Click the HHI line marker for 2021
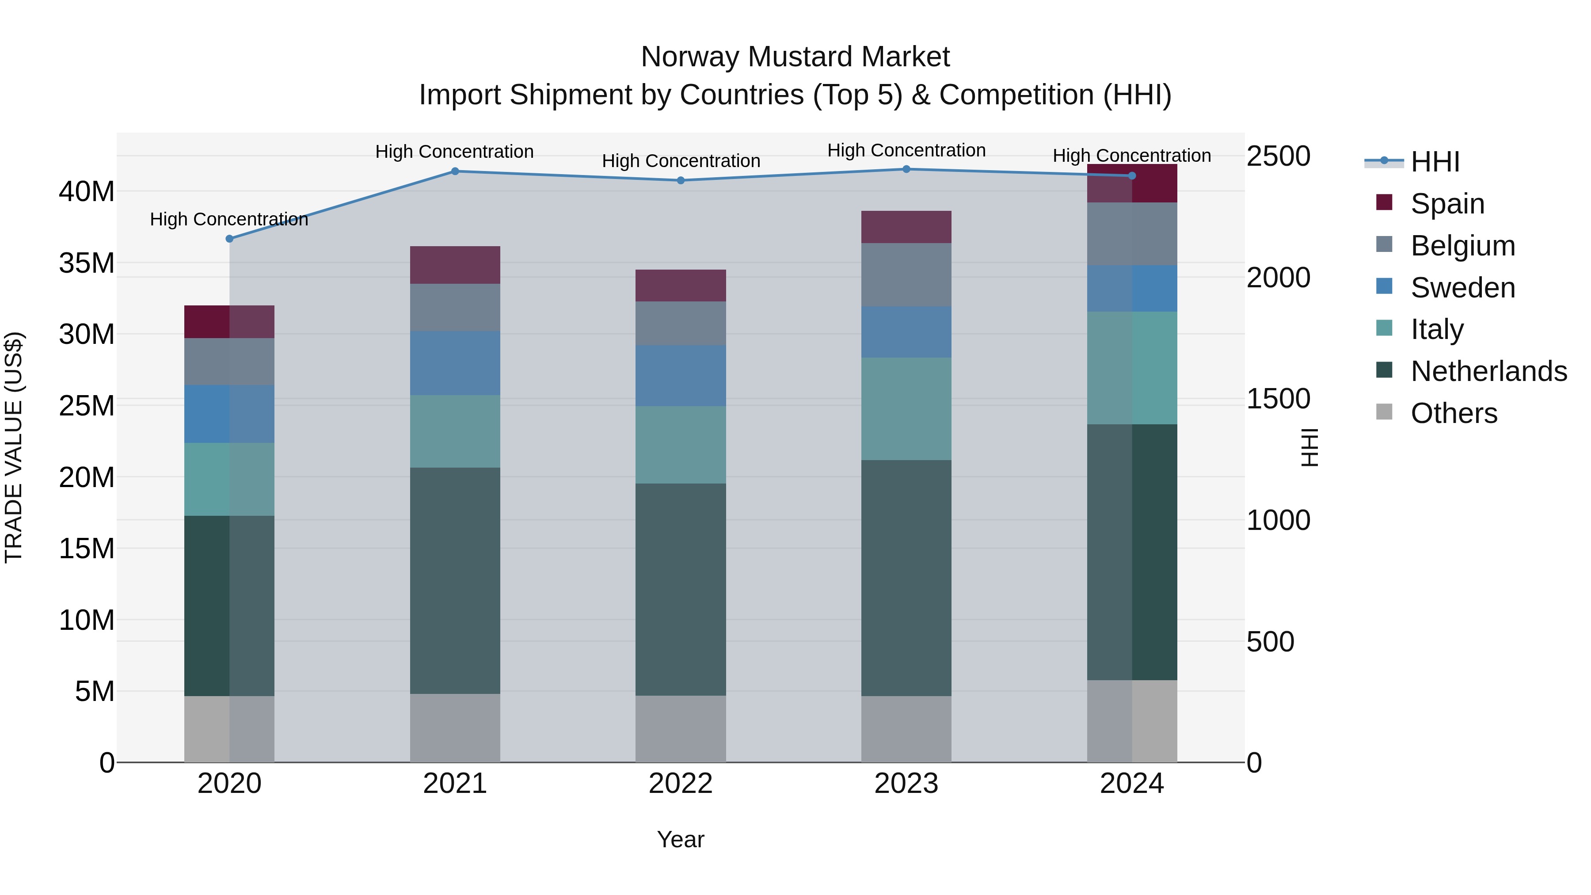pyautogui.click(x=455, y=171)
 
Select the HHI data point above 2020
pyautogui.click(x=229, y=238)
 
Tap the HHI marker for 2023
pyautogui.click(x=906, y=169)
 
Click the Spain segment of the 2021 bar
pyautogui.click(x=455, y=265)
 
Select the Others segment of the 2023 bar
pyautogui.click(x=906, y=729)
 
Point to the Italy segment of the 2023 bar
pyautogui.click(x=906, y=408)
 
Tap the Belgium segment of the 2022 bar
pyautogui.click(x=680, y=323)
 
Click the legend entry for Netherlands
pyautogui.click(x=1488, y=371)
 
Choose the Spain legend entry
pyautogui.click(x=1447, y=203)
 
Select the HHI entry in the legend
pyautogui.click(x=1435, y=162)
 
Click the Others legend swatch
pyautogui.click(x=1384, y=412)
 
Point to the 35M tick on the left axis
pyautogui.click(x=87, y=263)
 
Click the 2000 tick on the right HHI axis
pyautogui.click(x=1278, y=277)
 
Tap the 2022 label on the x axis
pyautogui.click(x=680, y=784)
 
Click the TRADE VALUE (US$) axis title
pyautogui.click(x=14, y=447)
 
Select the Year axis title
pyautogui.click(x=680, y=839)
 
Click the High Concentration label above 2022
pyautogui.click(x=680, y=160)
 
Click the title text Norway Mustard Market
pyautogui.click(x=795, y=57)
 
